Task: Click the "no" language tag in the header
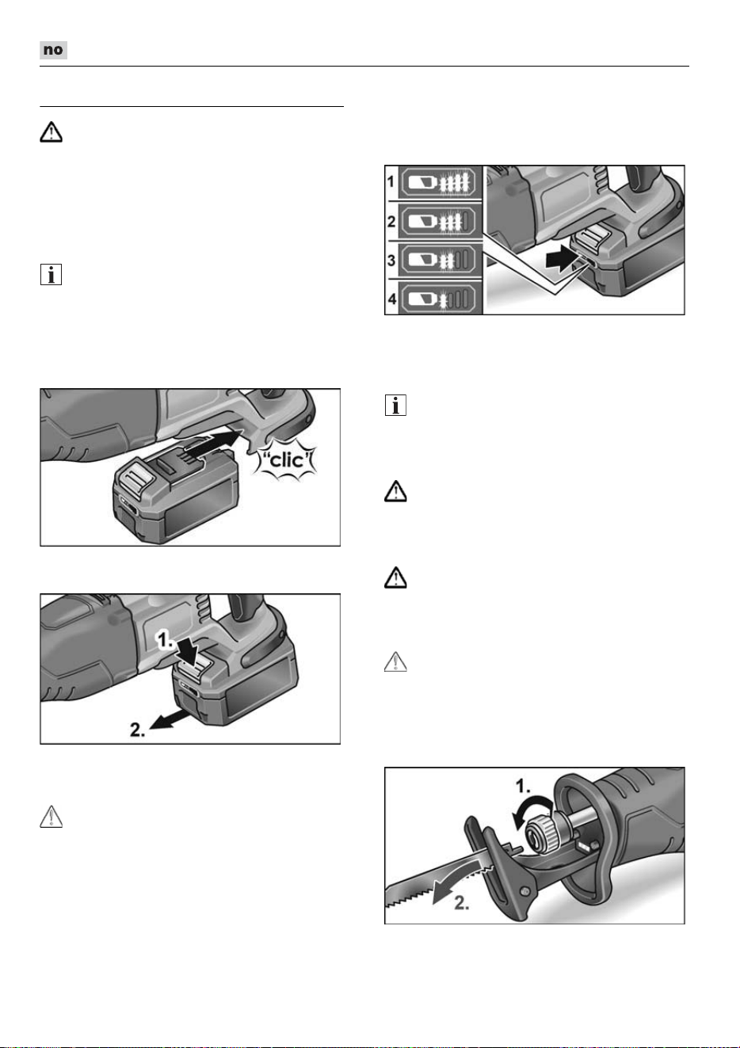pos(53,50)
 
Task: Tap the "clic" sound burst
pos(288,461)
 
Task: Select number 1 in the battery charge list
pos(391,181)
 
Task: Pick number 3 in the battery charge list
pos(391,260)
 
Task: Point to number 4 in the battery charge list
pos(391,299)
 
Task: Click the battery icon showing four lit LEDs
pos(439,181)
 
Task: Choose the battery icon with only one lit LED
pos(439,299)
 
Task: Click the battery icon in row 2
pos(439,221)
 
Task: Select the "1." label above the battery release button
pos(164,639)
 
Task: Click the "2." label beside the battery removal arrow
pos(138,730)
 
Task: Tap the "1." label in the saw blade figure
pos(523,787)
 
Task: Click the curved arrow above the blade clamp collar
pos(529,810)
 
